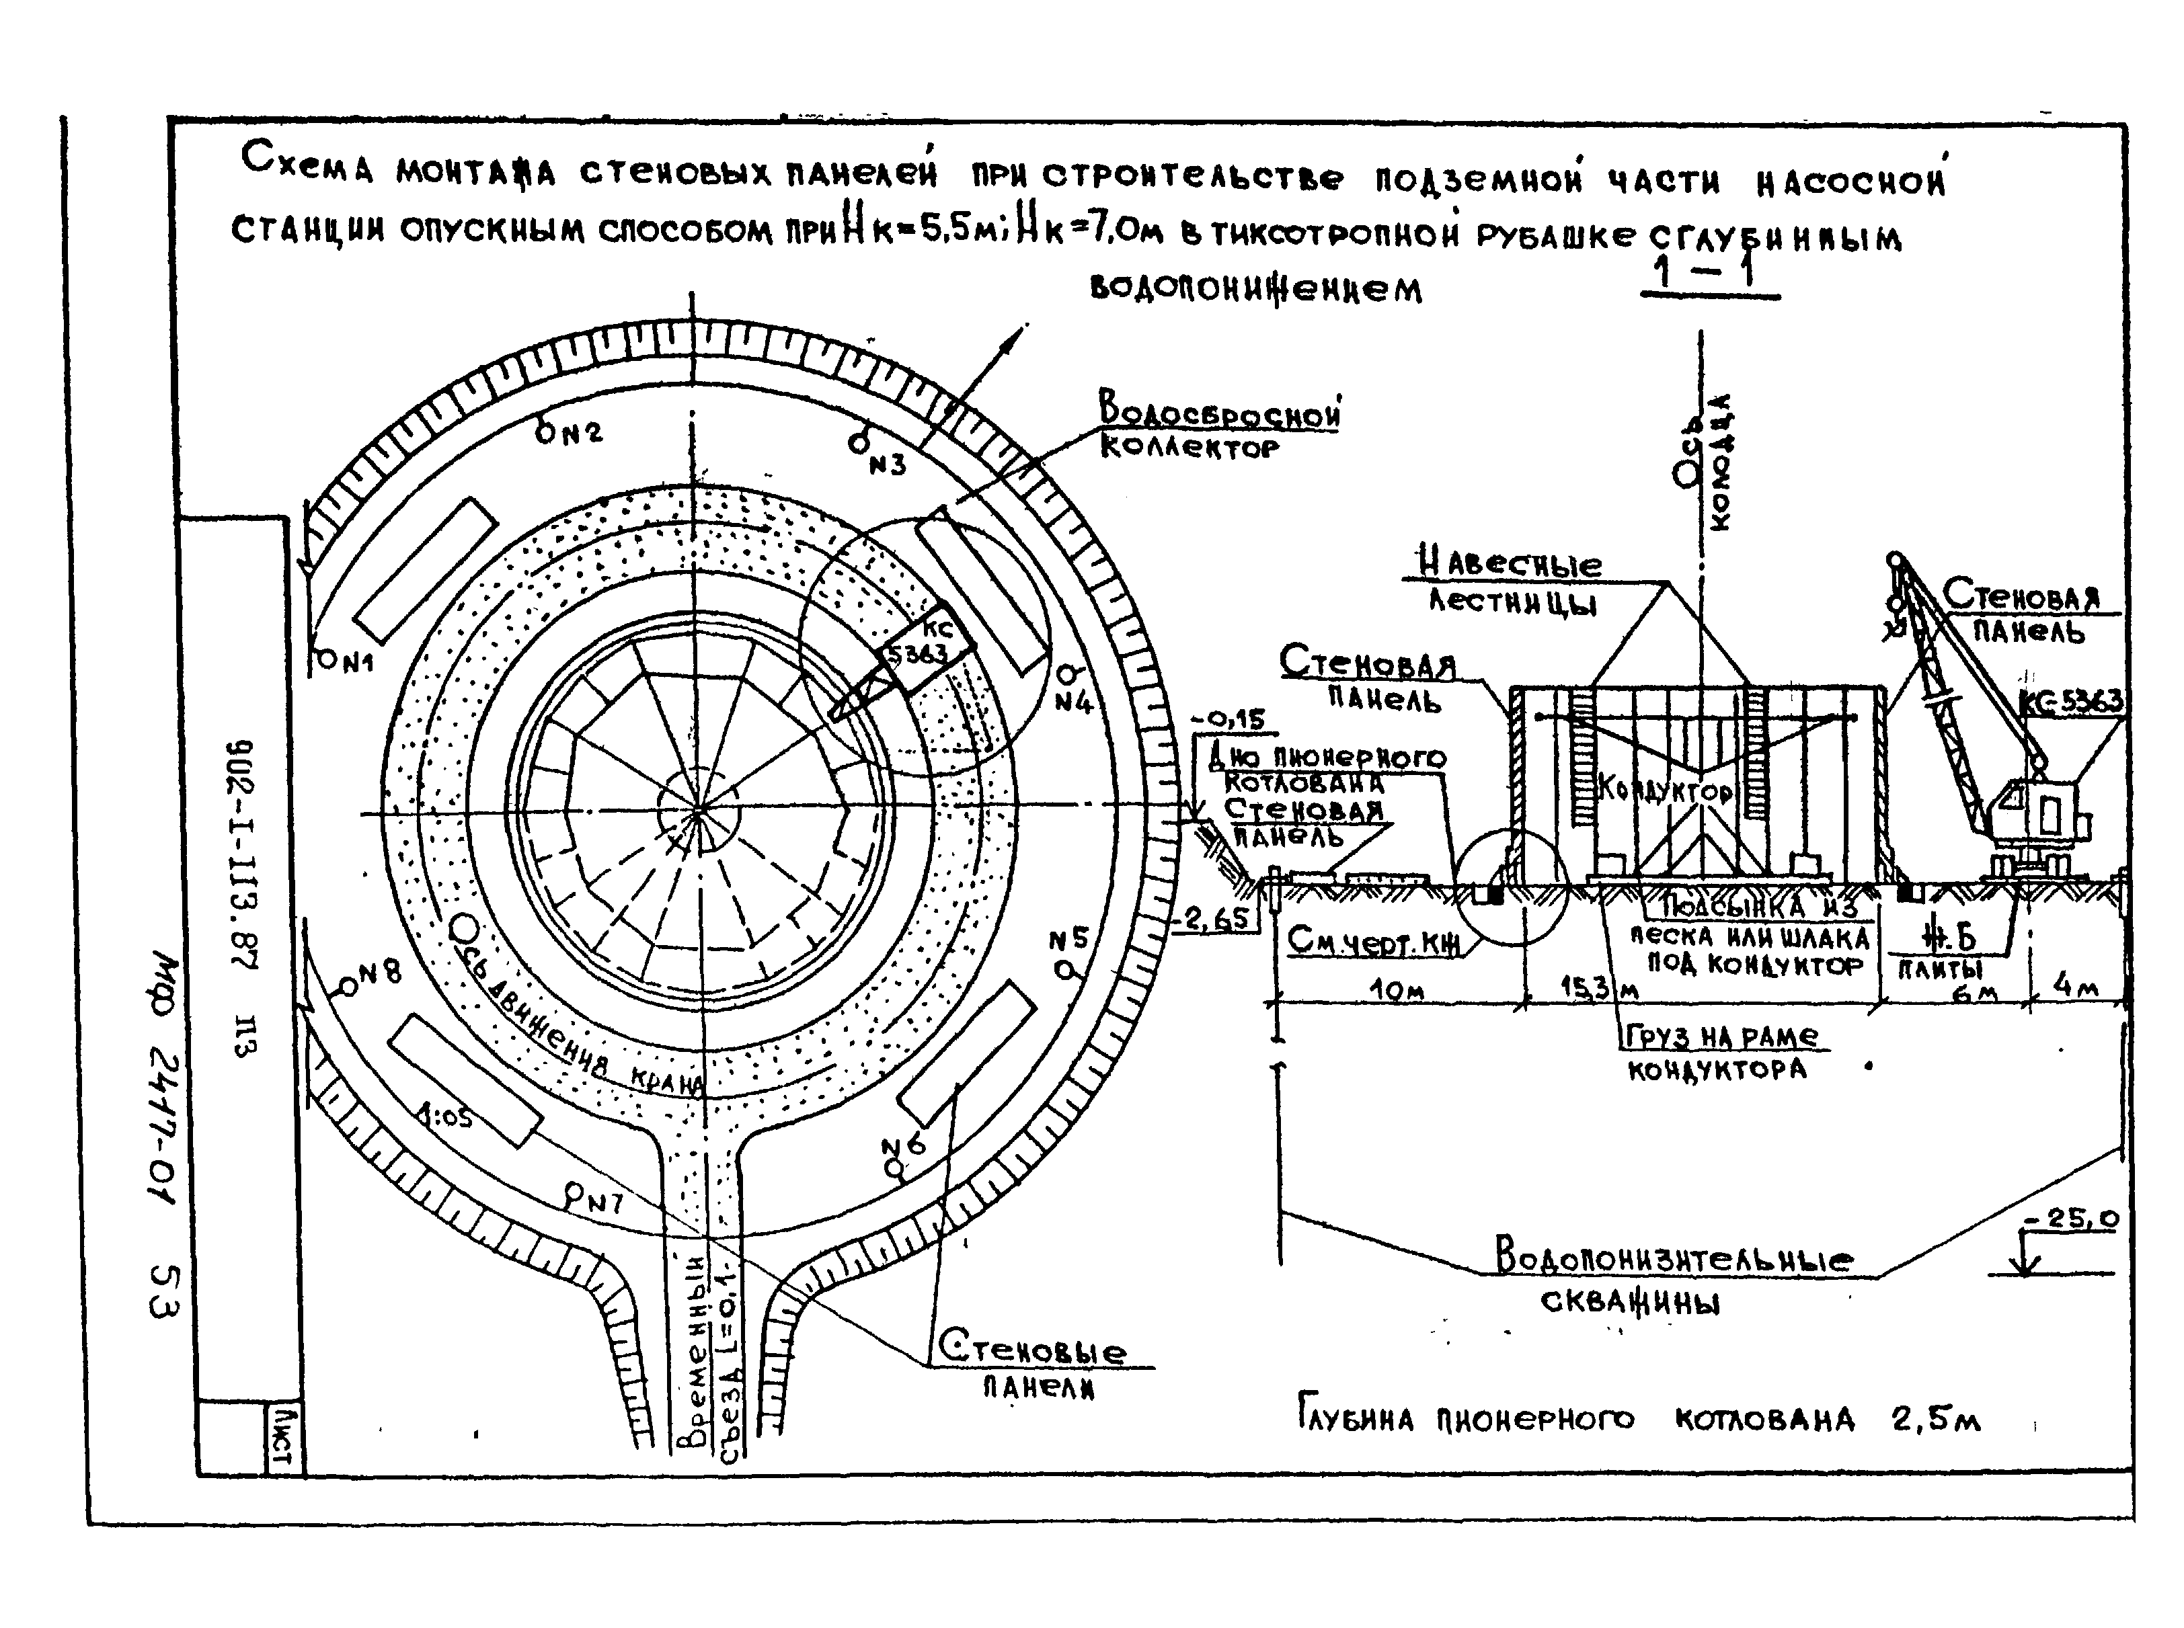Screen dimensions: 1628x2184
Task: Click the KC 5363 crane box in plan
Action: [x=925, y=645]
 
